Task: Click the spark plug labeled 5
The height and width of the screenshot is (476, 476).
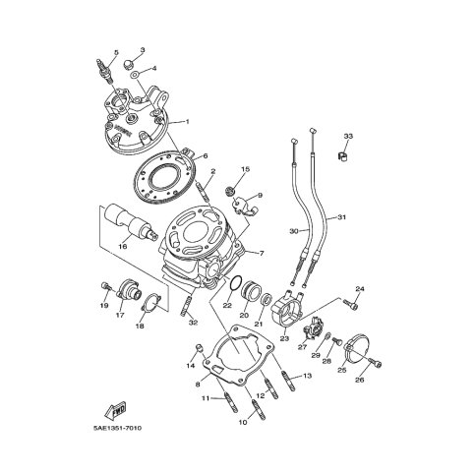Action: click(x=105, y=72)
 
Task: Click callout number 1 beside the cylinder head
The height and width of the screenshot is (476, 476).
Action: click(x=188, y=122)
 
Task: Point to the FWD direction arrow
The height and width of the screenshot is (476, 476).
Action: click(x=116, y=410)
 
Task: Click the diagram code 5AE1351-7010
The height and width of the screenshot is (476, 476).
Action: click(x=117, y=428)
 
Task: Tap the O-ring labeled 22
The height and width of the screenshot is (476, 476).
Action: click(x=235, y=283)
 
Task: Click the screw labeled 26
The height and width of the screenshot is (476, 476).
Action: click(x=376, y=362)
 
